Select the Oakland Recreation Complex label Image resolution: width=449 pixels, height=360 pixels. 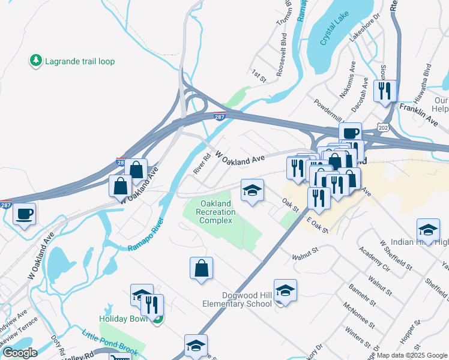(215, 212)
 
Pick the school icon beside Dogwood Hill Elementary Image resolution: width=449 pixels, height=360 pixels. (286, 290)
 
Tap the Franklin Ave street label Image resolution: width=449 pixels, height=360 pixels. (421, 110)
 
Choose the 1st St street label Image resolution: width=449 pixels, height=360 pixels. (258, 74)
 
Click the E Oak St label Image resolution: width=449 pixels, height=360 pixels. (317, 226)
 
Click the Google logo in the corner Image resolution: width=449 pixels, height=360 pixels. (20, 353)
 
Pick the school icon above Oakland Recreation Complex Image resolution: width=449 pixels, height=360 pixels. (252, 191)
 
